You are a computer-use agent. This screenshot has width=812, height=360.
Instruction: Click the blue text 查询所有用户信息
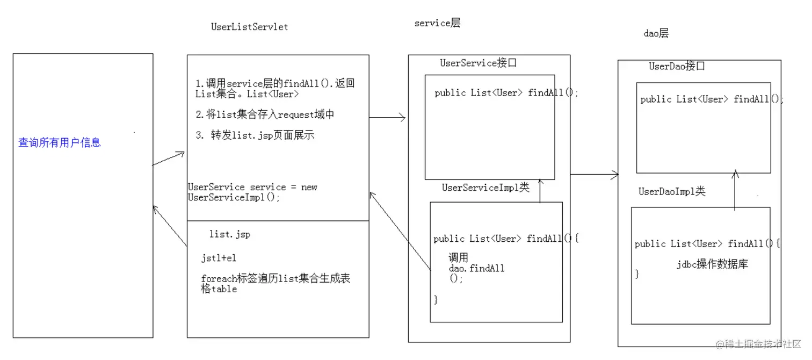(x=60, y=143)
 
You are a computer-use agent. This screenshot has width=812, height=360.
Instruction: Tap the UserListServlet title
(x=249, y=27)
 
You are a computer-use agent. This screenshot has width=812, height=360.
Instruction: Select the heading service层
(x=437, y=24)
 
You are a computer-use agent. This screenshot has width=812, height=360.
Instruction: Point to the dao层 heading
(x=656, y=33)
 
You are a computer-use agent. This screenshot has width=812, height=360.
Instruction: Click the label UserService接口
(x=478, y=63)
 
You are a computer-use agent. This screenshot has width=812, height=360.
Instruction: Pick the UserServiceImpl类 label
(x=485, y=188)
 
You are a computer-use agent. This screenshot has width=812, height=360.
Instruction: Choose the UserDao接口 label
(x=677, y=67)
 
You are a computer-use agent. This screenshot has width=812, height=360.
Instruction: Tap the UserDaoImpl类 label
(x=672, y=192)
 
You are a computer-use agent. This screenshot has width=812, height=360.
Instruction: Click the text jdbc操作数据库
(x=713, y=264)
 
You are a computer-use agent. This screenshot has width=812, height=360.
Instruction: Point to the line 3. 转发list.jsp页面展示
(x=255, y=135)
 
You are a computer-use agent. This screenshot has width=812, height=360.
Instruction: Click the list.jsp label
(x=230, y=234)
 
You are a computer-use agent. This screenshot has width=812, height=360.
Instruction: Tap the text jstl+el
(x=219, y=258)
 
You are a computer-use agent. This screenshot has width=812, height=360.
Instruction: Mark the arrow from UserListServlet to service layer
(x=387, y=118)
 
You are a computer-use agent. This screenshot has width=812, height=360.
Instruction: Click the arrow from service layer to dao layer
(x=594, y=174)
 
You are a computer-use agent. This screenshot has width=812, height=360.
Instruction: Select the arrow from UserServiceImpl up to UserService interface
(x=540, y=190)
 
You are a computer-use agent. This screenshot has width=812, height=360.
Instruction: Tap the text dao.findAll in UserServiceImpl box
(x=476, y=268)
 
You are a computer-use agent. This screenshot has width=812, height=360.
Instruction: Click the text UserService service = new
(x=252, y=187)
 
